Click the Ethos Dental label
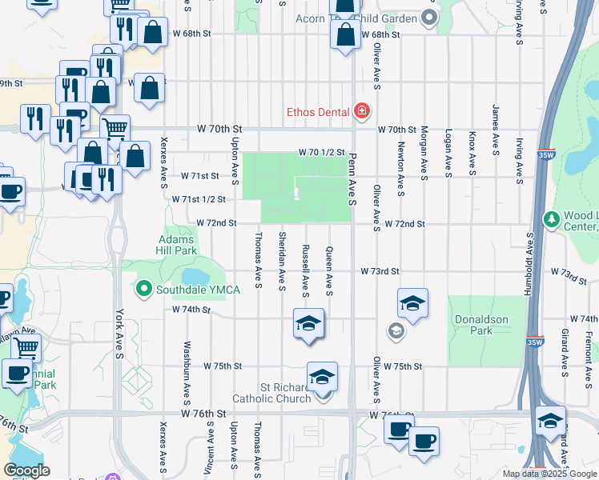click(x=320, y=110)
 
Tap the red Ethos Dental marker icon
click(x=362, y=110)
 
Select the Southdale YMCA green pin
click(x=144, y=289)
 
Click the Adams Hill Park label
click(x=178, y=245)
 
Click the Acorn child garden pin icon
click(x=430, y=18)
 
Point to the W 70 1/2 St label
click(x=321, y=152)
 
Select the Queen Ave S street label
click(x=328, y=270)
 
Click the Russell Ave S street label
click(x=305, y=270)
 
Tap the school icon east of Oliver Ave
click(x=412, y=303)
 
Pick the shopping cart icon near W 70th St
click(x=115, y=128)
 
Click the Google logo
click(x=26, y=470)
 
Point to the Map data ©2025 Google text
click(x=549, y=474)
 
